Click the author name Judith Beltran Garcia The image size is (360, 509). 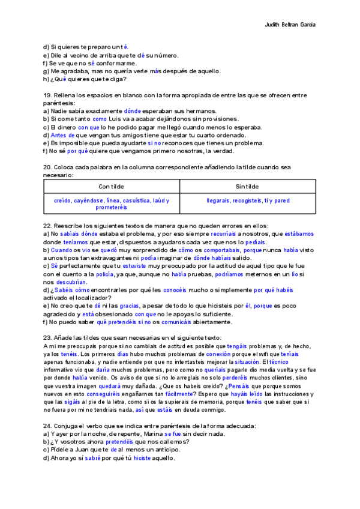[290, 25]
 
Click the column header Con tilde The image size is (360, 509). [111, 186]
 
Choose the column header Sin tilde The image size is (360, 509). [247, 186]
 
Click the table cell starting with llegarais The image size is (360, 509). [247, 200]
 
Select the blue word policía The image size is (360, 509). [105, 274]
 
